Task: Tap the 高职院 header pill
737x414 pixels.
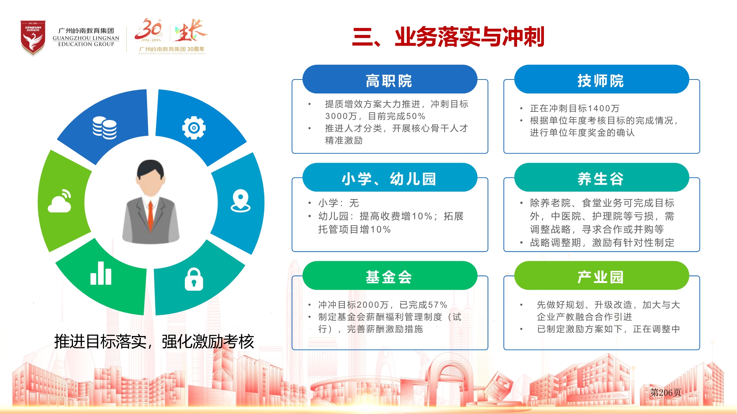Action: pos(390,79)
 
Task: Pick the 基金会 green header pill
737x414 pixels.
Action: pos(390,276)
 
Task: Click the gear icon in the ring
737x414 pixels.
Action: pos(194,128)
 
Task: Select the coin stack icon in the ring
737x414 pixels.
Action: pos(105,128)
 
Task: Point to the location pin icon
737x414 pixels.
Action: pos(241,201)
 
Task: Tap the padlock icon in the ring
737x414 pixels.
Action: pos(194,280)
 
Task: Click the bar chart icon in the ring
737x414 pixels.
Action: pos(101,273)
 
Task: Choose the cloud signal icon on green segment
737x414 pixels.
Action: pos(60,201)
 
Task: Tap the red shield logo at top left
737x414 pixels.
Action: pos(33,38)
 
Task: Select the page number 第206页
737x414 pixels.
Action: pos(666,392)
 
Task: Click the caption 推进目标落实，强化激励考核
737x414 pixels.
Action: pos(154,342)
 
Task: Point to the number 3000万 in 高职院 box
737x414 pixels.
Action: pos(341,116)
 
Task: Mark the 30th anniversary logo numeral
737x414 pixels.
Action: pos(148,29)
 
